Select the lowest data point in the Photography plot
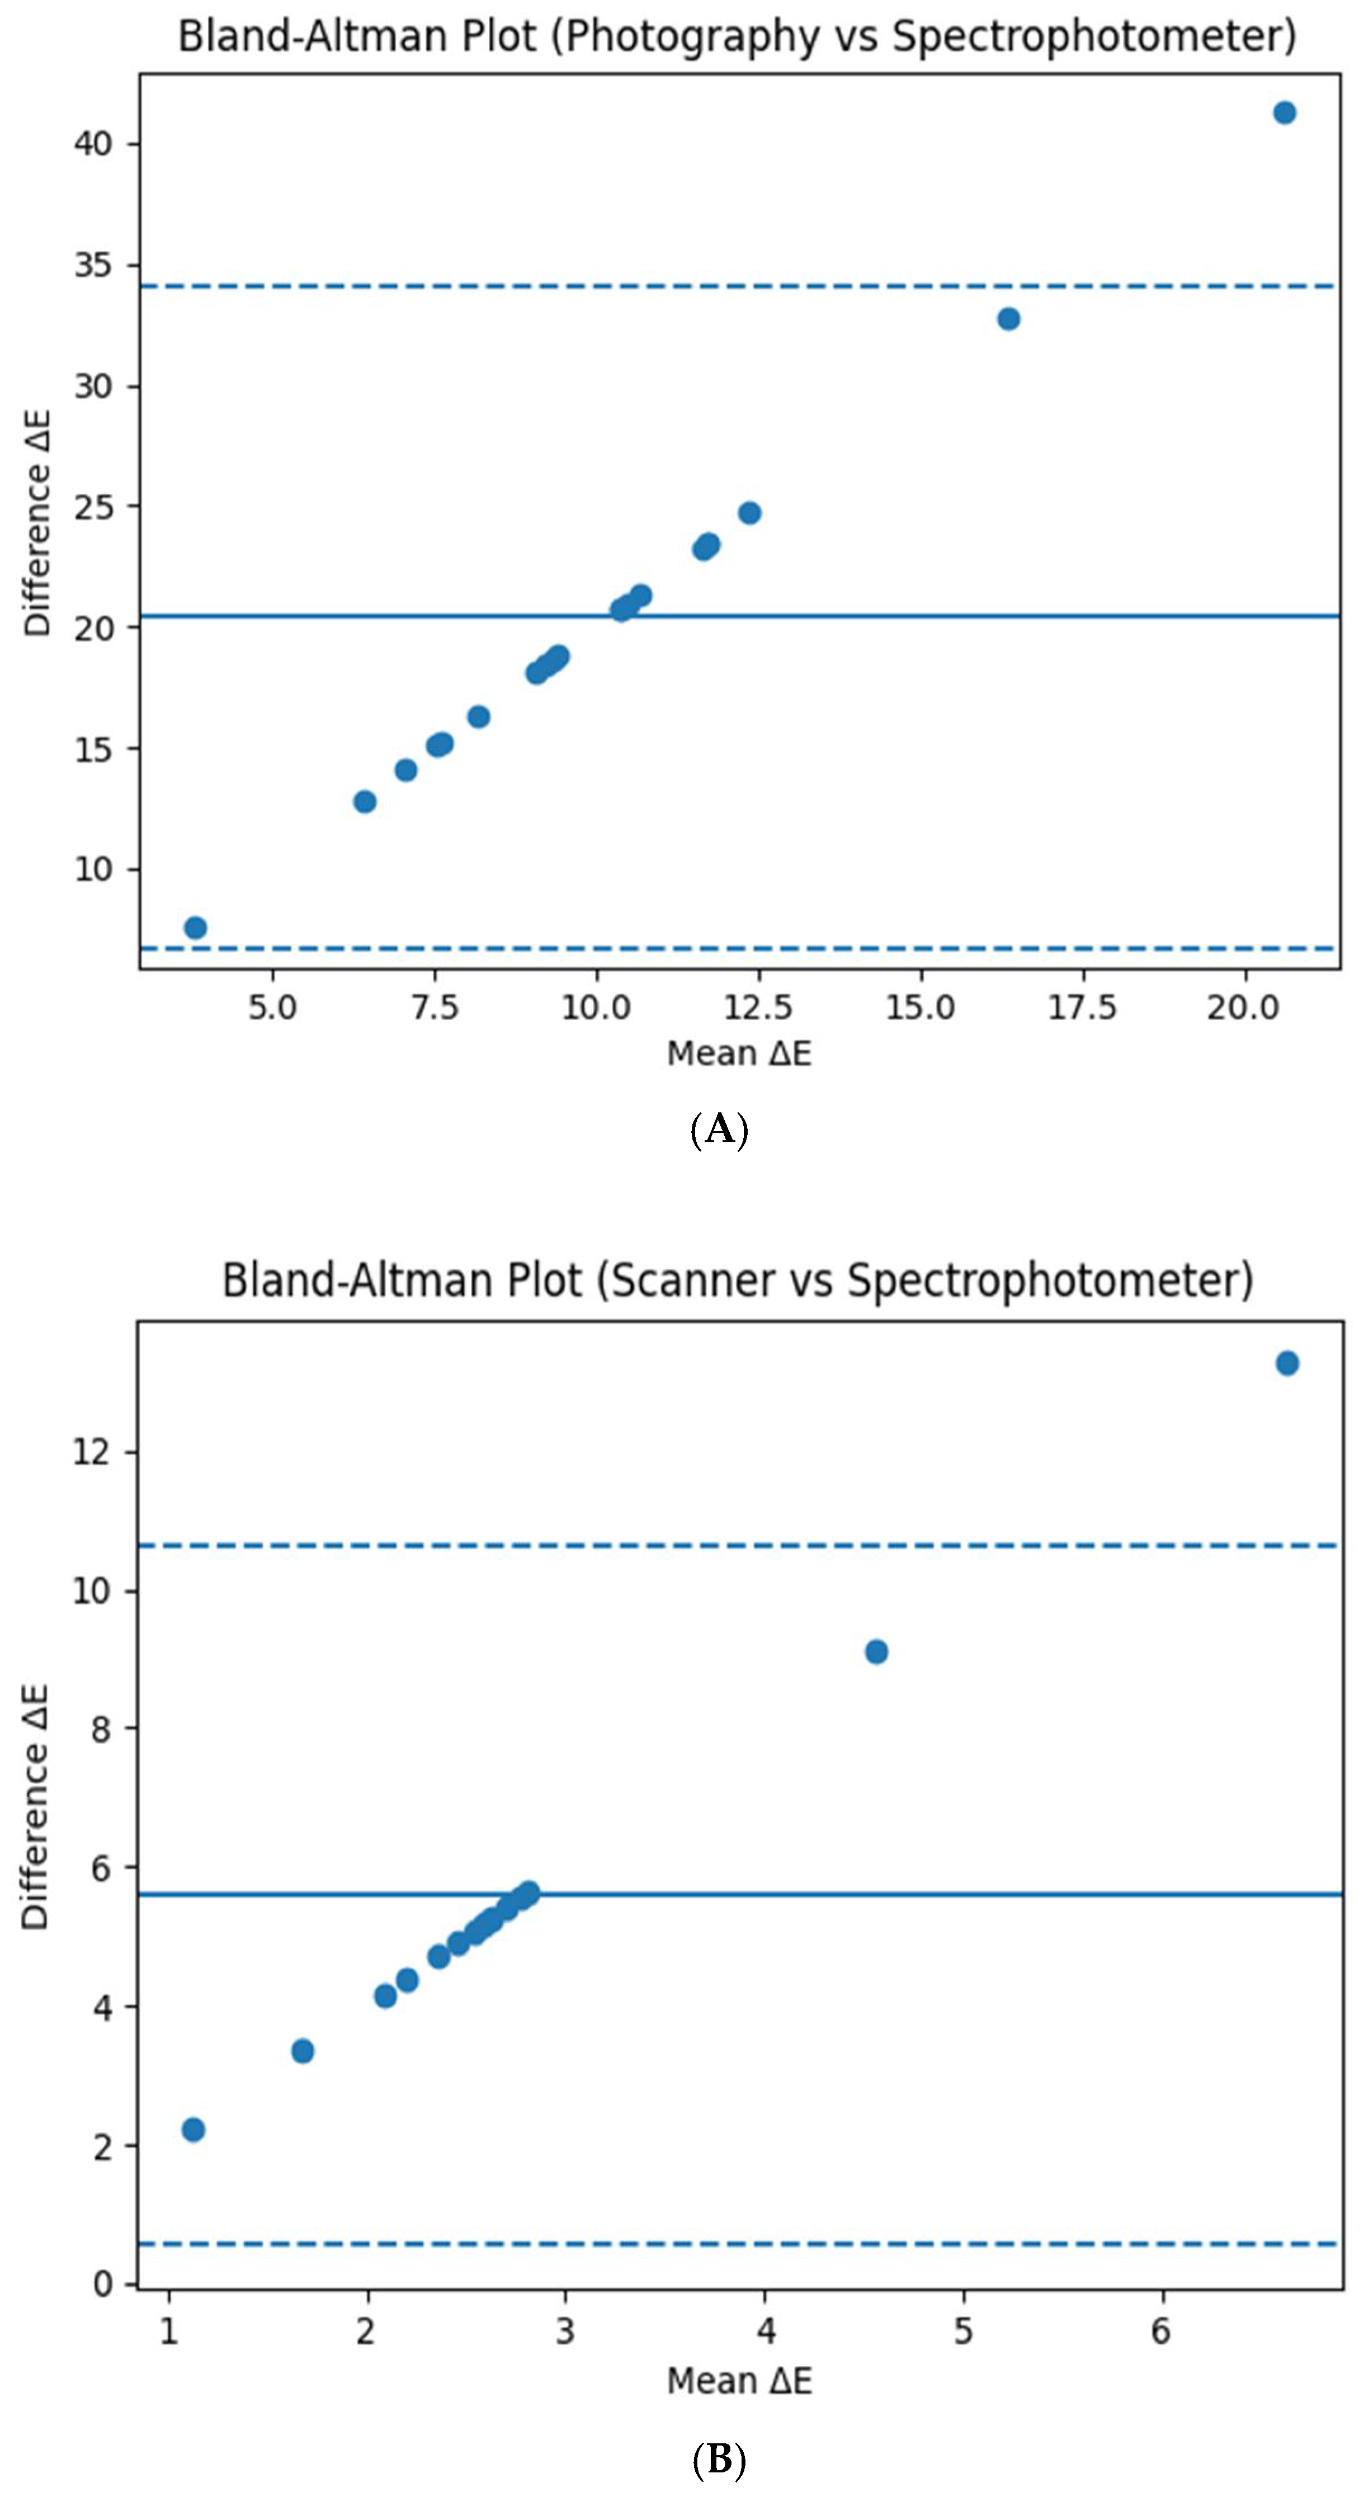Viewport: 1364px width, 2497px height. click(x=195, y=928)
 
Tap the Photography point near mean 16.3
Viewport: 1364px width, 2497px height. click(x=1008, y=319)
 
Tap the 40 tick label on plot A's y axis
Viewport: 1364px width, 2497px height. click(x=93, y=144)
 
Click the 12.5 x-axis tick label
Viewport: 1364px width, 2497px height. click(x=758, y=1008)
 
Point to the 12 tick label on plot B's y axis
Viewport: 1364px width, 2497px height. click(x=92, y=1452)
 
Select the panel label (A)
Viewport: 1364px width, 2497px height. click(x=719, y=1129)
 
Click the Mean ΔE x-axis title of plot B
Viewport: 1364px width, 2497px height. click(x=739, y=2381)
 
